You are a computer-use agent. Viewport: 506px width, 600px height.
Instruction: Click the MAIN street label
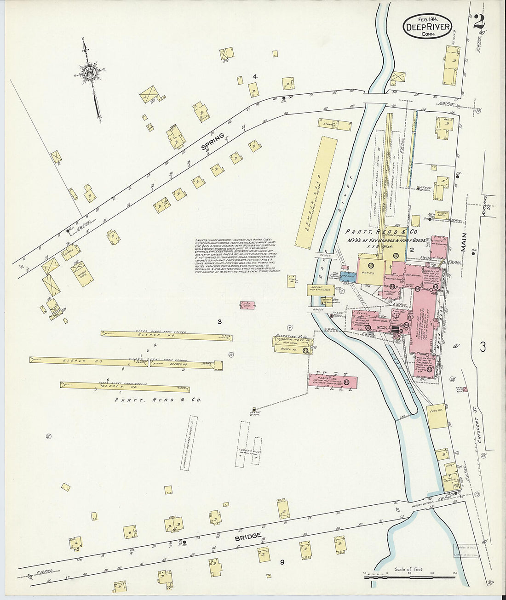coord(463,242)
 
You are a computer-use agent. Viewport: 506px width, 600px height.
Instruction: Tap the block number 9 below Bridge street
coord(282,561)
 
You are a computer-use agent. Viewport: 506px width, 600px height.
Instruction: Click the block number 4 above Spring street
coord(254,76)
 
